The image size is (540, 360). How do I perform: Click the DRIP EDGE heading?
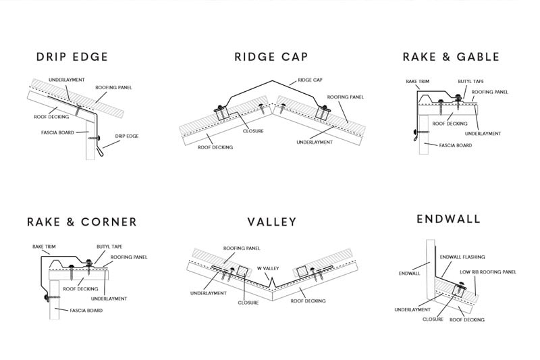click(72, 57)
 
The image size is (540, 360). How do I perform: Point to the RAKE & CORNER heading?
click(82, 222)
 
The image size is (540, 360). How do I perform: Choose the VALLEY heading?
click(271, 222)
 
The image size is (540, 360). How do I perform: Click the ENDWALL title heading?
click(448, 219)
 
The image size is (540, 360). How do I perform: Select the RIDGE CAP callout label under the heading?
click(311, 80)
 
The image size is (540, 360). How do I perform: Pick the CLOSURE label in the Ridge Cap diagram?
click(253, 131)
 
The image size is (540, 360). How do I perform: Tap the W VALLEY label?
click(267, 268)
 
